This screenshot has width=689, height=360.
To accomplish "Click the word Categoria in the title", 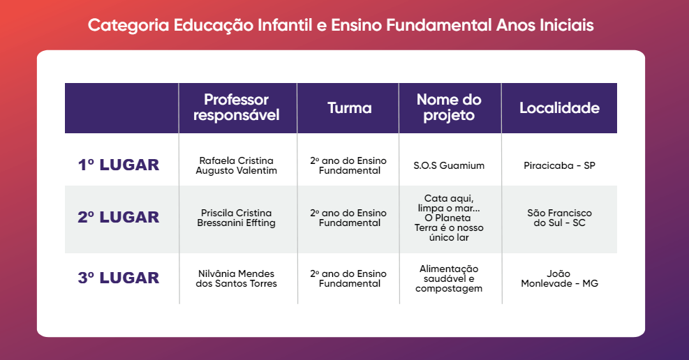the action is [128, 25].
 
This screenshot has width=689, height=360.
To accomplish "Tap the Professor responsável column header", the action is [237, 107].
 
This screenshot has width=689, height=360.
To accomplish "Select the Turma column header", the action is [350, 108].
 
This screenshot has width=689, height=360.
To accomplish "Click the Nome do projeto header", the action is [449, 107].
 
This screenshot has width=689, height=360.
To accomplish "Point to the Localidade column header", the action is [559, 108].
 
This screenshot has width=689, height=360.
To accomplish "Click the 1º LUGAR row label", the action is [119, 165].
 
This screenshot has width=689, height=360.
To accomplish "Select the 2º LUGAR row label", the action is [119, 217].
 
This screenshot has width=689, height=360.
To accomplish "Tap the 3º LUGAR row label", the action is [119, 278].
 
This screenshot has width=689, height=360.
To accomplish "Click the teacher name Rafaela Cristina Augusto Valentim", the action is [237, 165].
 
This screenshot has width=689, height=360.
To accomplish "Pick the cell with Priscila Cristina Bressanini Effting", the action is [237, 218].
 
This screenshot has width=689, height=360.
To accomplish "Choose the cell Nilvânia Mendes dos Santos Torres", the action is [237, 278].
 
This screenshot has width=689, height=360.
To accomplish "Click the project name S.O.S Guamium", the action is [449, 165].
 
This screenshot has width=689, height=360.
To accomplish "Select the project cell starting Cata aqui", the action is [449, 218].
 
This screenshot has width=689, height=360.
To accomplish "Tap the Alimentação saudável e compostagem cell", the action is [449, 278].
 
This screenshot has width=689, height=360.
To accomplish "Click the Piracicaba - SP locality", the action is [559, 165].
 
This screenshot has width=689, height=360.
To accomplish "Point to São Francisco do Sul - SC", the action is [559, 218].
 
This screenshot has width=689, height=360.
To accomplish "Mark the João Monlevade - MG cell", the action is [559, 278].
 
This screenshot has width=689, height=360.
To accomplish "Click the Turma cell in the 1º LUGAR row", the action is [348, 165].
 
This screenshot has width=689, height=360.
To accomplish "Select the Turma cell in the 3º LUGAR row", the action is [348, 278].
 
